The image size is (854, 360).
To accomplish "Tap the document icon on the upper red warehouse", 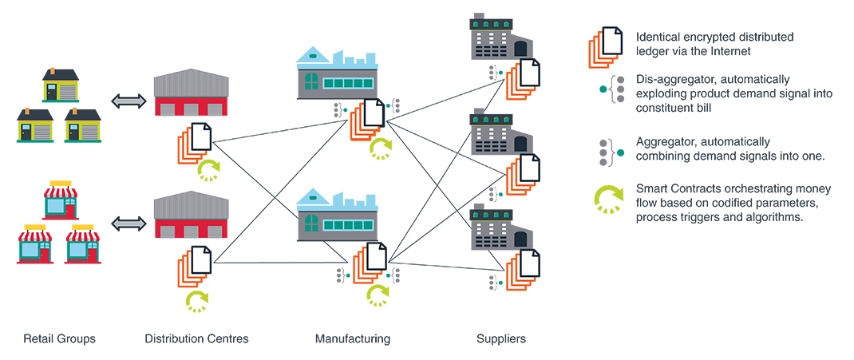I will coord(199,137).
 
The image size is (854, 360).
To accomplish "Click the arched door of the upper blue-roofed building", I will coord(310,81).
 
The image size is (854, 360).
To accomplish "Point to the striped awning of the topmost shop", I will coord(62,192).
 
